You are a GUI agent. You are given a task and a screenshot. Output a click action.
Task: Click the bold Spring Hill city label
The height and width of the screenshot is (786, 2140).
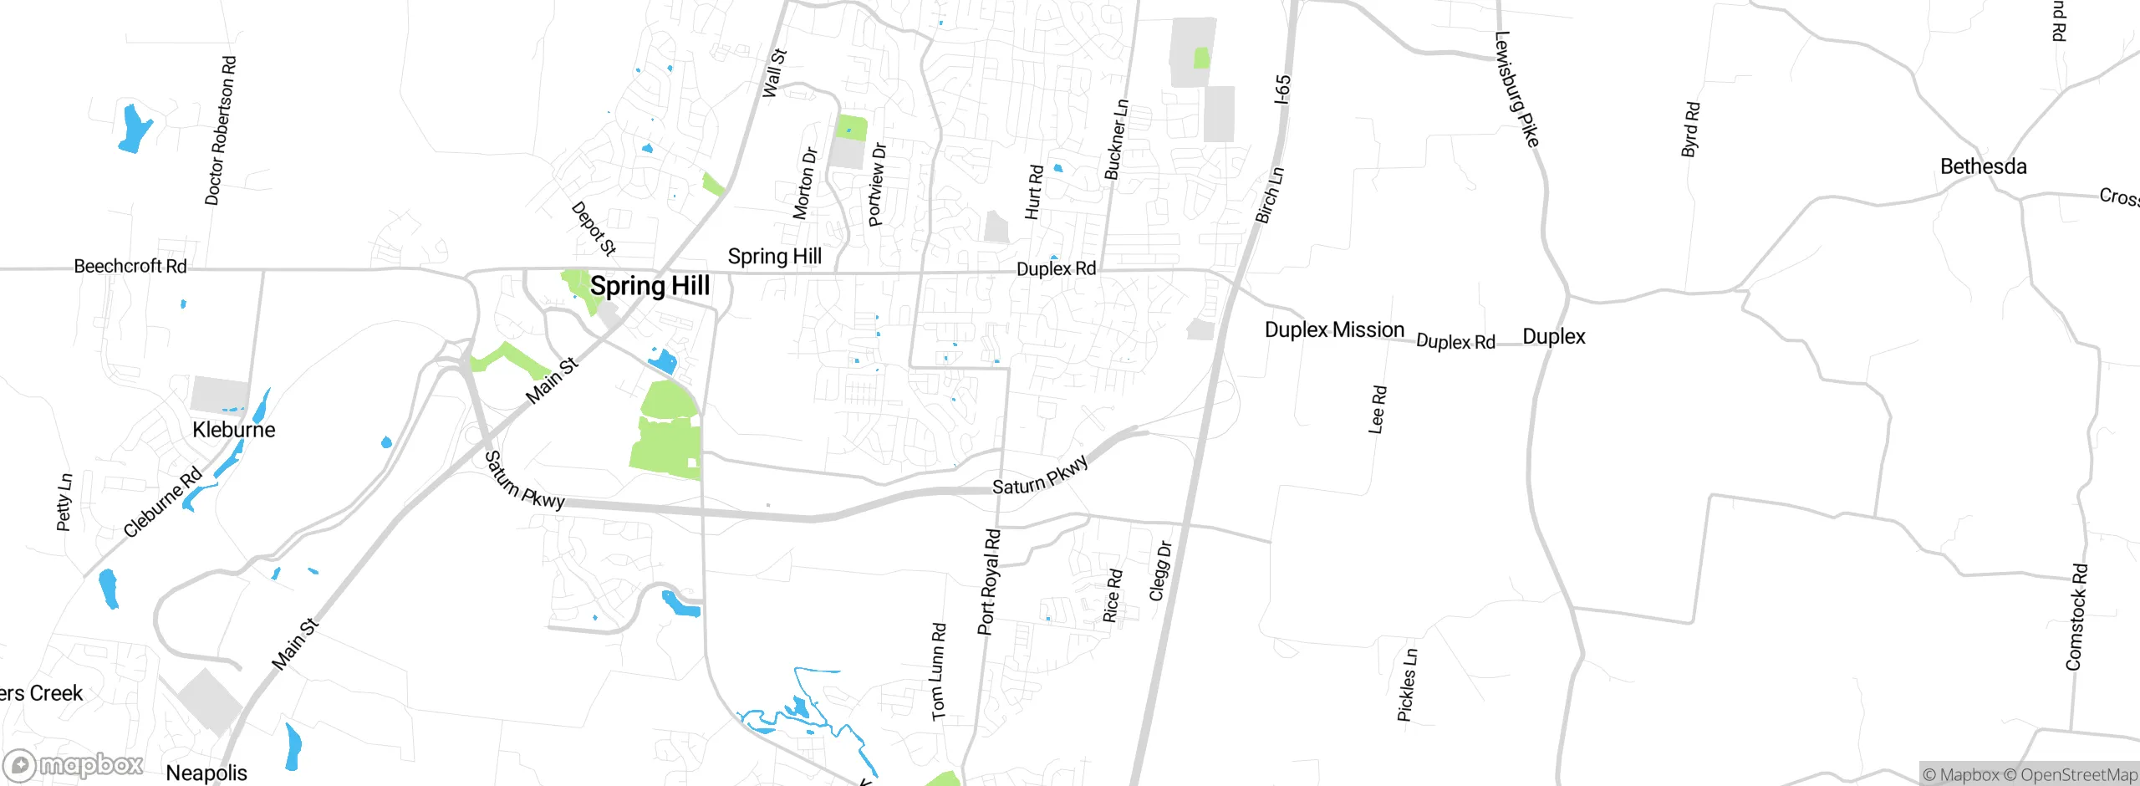[x=650, y=286]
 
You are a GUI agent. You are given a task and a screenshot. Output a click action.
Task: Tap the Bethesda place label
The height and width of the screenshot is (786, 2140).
[x=1983, y=166]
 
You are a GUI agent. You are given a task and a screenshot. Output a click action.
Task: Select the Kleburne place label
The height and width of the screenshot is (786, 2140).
[x=233, y=430]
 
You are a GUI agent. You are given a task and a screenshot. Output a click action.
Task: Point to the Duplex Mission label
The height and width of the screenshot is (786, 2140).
[x=1334, y=329]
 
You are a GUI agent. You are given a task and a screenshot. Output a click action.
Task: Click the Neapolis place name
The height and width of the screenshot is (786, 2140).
[x=206, y=773]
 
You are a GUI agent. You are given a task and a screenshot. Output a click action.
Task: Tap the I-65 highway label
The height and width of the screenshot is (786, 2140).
[x=1282, y=89]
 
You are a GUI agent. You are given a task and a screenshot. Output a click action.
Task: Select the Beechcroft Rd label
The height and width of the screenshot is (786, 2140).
[x=130, y=266]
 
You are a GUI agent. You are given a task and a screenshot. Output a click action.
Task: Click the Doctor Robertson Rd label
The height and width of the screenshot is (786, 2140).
[x=221, y=130]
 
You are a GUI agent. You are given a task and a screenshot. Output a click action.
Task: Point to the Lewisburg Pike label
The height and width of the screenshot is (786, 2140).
[x=1516, y=89]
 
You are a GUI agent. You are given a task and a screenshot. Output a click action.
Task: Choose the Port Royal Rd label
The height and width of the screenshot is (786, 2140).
[x=989, y=582]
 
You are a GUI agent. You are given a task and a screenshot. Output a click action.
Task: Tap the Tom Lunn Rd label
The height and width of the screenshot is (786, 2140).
[x=939, y=671]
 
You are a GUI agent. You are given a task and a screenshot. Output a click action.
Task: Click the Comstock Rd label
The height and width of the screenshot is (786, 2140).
[x=2076, y=617]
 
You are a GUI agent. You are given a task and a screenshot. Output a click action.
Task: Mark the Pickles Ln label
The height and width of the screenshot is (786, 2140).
[x=1407, y=684]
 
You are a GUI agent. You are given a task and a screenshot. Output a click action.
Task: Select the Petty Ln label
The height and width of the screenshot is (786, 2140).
[x=64, y=502]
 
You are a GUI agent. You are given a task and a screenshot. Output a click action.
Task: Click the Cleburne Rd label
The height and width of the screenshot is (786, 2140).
[x=163, y=502]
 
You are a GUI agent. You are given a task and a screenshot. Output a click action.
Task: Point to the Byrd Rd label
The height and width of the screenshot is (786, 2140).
[x=1690, y=130]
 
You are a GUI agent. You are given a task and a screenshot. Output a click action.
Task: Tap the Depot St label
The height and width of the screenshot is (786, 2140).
[x=594, y=228]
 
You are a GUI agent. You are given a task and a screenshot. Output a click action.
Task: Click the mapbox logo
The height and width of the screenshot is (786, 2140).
[x=74, y=764]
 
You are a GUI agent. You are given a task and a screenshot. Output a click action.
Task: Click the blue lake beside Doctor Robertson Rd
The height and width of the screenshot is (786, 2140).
[x=134, y=128]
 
